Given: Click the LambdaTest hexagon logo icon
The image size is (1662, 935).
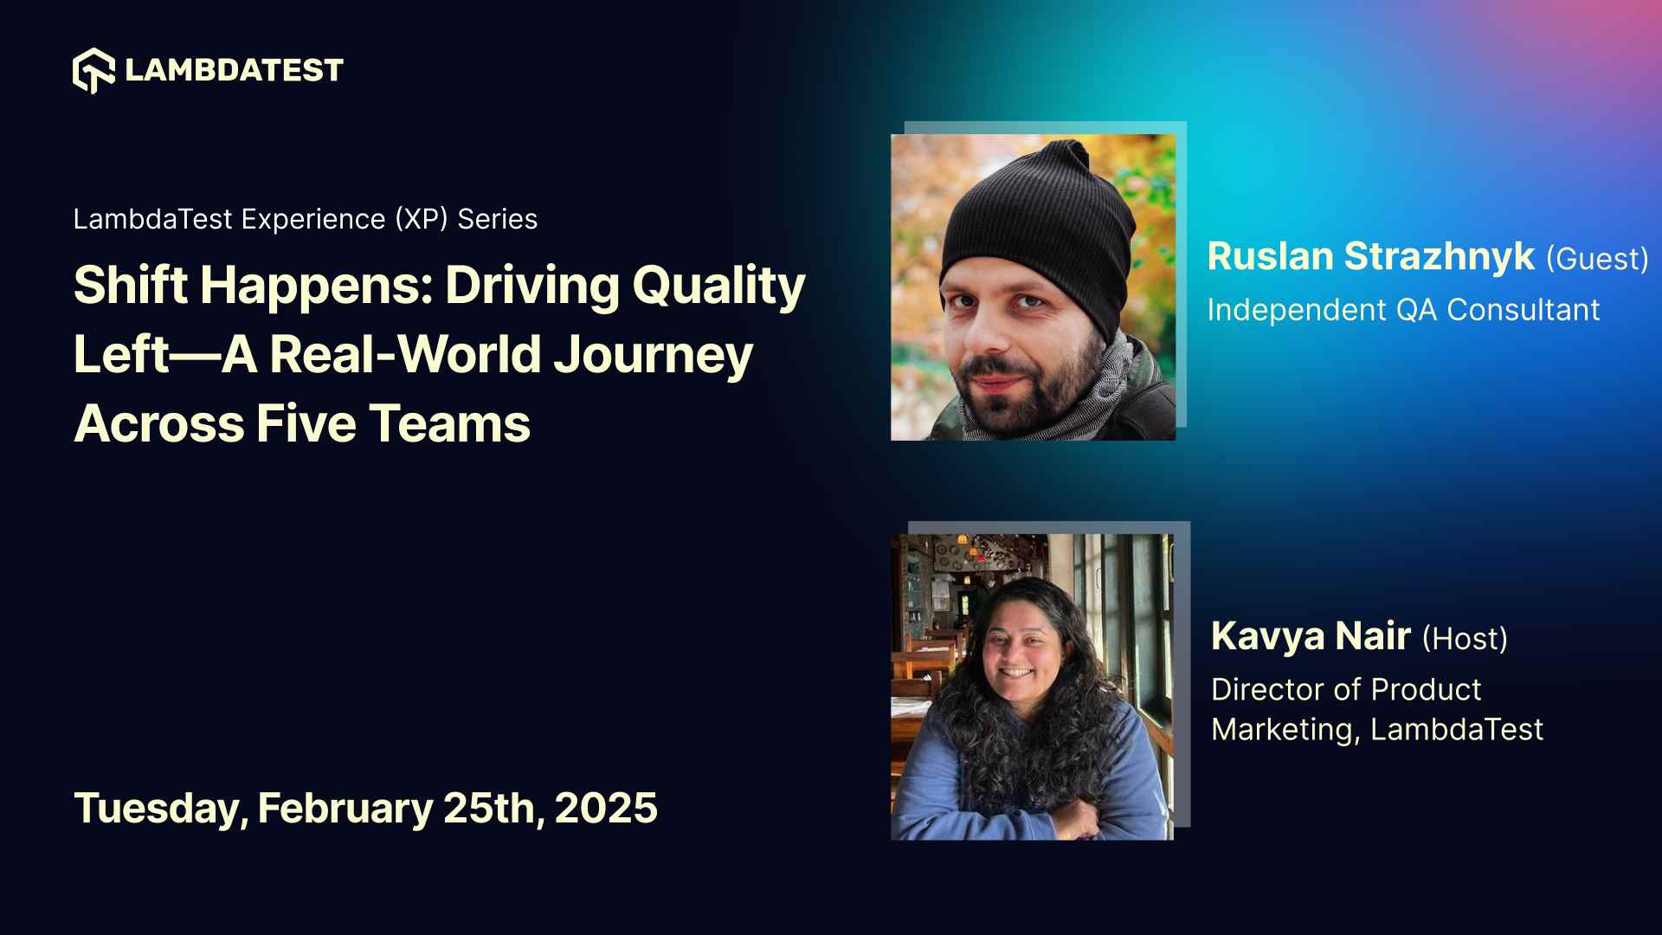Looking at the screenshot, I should [x=93, y=70].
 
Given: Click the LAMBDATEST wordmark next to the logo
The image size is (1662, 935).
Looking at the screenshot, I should [x=234, y=70].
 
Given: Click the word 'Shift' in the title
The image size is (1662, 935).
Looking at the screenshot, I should [x=130, y=285].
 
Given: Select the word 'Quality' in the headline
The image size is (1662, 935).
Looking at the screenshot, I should [x=718, y=285].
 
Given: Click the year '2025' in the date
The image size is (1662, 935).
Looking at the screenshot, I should [x=606, y=808].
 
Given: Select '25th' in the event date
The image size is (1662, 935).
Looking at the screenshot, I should [x=489, y=808].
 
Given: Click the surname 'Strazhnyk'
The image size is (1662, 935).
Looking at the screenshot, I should [x=1439, y=257].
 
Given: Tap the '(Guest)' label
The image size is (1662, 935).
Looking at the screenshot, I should [x=1597, y=259].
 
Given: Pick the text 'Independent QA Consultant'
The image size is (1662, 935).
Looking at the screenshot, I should [x=1402, y=310].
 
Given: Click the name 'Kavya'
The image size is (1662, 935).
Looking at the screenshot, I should [x=1267, y=636].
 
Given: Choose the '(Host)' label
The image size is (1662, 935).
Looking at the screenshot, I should [x=1465, y=639].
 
